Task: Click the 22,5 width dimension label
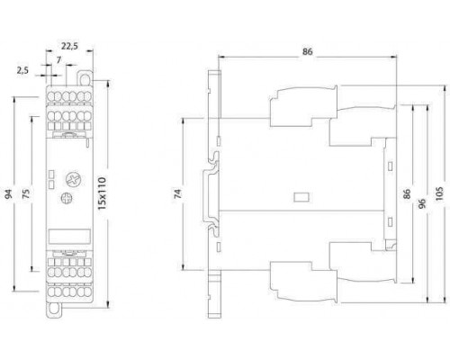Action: (x=69, y=46)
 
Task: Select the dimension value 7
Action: (x=58, y=60)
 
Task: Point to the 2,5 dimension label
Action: (x=22, y=70)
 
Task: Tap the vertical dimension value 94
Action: (x=10, y=193)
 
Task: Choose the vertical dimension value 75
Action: (x=27, y=193)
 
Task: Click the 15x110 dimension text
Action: (x=103, y=193)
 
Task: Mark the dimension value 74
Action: (x=178, y=193)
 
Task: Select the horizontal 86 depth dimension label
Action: (x=307, y=51)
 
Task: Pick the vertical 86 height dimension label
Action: (x=407, y=193)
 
